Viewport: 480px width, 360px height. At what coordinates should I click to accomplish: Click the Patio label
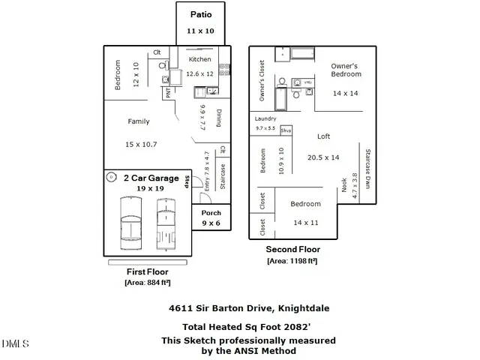(200, 14)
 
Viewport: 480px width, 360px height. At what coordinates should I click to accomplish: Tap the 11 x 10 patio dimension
(200, 31)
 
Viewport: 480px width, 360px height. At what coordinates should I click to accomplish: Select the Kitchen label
(199, 59)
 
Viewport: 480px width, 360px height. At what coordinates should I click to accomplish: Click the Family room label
(139, 121)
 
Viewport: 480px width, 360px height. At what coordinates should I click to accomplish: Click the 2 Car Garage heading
(151, 178)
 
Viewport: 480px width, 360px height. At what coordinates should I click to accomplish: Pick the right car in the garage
(166, 217)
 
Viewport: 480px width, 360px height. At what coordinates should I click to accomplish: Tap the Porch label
(211, 213)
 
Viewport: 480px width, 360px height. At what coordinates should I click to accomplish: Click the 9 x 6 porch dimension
(211, 223)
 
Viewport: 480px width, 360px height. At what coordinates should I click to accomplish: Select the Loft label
(324, 136)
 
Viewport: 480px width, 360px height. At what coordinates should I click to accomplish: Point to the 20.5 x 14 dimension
(323, 157)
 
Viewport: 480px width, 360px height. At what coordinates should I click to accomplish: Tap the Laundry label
(265, 118)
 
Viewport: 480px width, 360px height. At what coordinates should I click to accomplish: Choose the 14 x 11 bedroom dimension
(306, 223)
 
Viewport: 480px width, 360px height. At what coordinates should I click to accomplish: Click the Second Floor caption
(293, 250)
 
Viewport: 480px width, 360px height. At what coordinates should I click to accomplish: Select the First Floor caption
(147, 271)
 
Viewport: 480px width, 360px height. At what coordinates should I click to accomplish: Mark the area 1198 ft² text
(293, 261)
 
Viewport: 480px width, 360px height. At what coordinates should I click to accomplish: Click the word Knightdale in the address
(304, 308)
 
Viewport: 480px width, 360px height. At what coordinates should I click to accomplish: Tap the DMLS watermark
(15, 343)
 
